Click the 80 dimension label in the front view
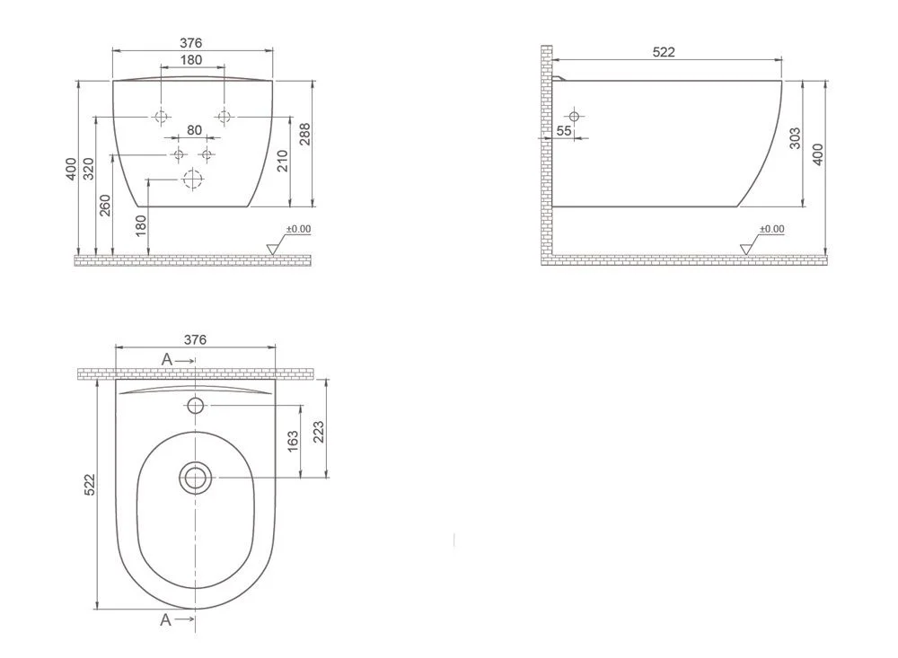[x=194, y=130]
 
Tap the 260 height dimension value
[x=106, y=205]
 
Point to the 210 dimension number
[x=284, y=161]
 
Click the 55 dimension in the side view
[x=564, y=131]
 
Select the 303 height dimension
[x=795, y=138]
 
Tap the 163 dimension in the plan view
[x=293, y=442]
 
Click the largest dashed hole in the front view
[x=190, y=180]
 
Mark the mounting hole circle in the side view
[x=574, y=116]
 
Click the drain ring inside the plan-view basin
[x=195, y=477]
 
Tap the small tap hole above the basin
[x=196, y=406]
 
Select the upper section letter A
[x=167, y=359]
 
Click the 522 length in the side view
[x=663, y=52]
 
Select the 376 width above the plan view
[x=195, y=339]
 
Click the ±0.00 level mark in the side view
[x=771, y=229]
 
